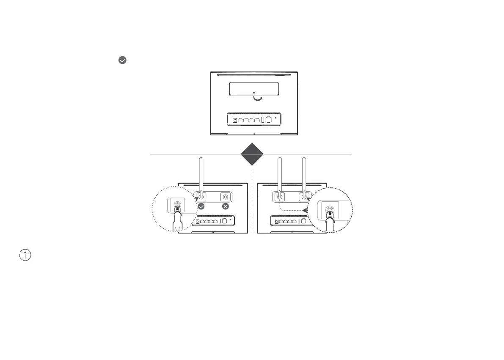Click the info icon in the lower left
click(x=25, y=255)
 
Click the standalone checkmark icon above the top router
click(x=122, y=60)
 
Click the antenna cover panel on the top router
click(x=253, y=89)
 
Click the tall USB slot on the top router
click(x=263, y=120)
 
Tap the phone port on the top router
click(x=269, y=119)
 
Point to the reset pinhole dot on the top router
click(x=276, y=119)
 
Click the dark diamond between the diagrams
click(x=252, y=154)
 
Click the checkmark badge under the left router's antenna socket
click(x=201, y=206)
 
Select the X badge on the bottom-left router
click(x=226, y=206)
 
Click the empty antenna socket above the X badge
click(x=226, y=197)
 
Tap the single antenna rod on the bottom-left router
click(x=201, y=173)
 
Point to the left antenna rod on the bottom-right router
click(x=279, y=173)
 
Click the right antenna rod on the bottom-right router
click(x=303, y=173)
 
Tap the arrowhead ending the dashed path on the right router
click(x=305, y=209)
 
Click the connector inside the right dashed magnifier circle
click(x=330, y=212)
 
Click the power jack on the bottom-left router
click(x=198, y=221)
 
